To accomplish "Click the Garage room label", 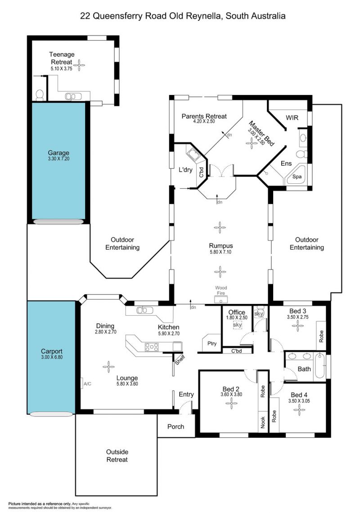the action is [58, 153].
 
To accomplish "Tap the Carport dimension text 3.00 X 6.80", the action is [52, 357].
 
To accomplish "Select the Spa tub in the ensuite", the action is [296, 176].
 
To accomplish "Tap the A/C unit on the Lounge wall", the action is [82, 383].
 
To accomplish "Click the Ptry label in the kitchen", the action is [212, 343].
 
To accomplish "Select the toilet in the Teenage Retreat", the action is [40, 95].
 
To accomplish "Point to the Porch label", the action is [175, 427].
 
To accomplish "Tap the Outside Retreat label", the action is [117, 456].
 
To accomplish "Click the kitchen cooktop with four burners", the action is [152, 347].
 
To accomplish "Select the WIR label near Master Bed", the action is [292, 118].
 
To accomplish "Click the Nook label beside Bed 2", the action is [263, 422].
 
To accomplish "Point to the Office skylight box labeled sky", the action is [238, 325].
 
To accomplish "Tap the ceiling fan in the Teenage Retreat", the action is [79, 65].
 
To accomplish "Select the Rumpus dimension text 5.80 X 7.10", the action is [221, 252].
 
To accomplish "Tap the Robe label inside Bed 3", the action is [321, 336].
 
